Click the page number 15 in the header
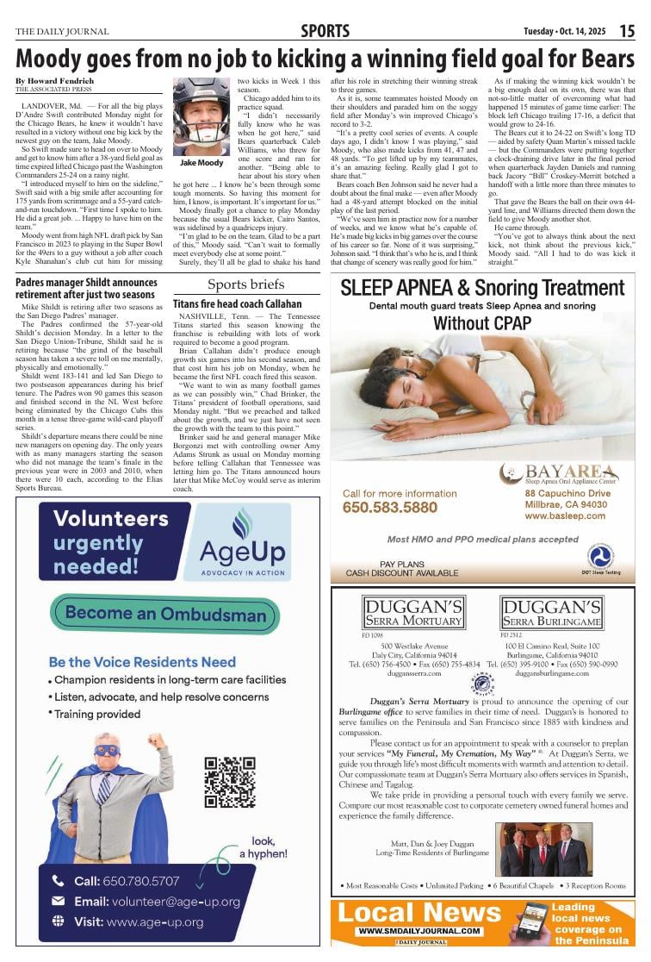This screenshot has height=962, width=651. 627,32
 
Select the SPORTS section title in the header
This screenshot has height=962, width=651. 325,32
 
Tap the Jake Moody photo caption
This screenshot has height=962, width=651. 201,163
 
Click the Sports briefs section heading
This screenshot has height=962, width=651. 246,285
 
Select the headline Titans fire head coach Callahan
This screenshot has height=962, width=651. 237,304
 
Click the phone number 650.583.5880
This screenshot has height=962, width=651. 390,508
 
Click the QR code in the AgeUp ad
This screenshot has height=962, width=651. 230,782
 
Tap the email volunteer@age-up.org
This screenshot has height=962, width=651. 157,902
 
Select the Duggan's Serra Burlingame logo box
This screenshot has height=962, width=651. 563,613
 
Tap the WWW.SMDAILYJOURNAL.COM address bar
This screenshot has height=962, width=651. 420,932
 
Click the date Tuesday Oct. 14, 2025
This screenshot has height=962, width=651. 564,32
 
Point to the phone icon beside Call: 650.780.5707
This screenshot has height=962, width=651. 59,881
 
